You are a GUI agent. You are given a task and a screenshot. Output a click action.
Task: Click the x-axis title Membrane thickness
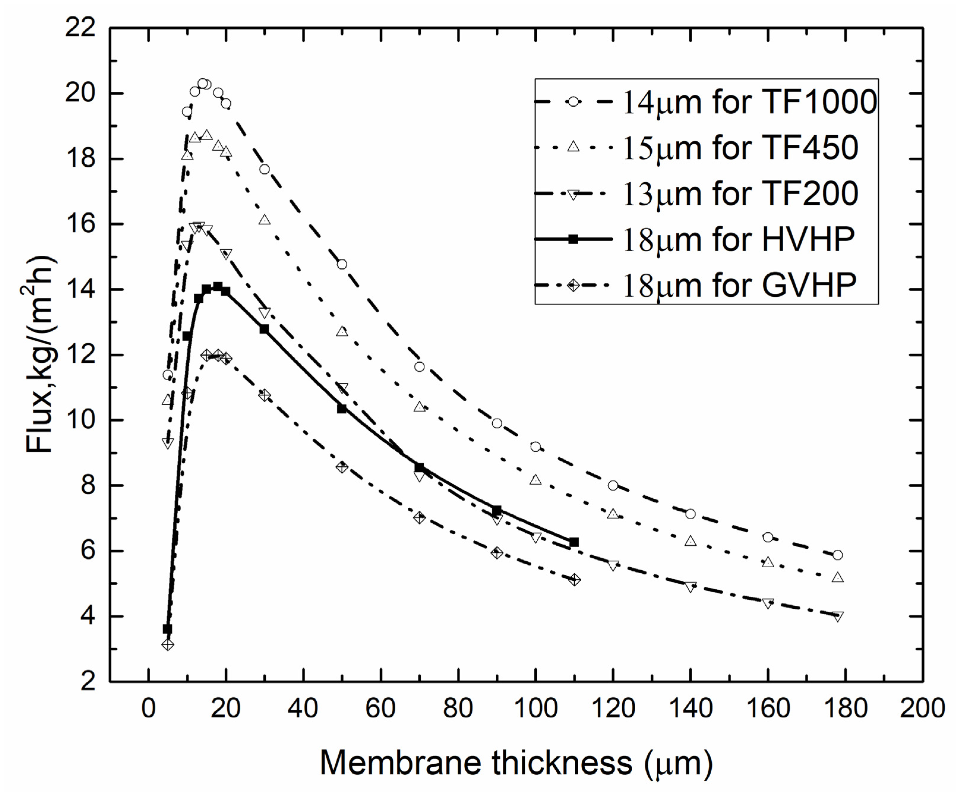tap(516, 763)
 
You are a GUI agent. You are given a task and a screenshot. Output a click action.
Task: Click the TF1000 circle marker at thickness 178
tap(837, 555)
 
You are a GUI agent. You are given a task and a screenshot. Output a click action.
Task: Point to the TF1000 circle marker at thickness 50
tap(342, 264)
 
